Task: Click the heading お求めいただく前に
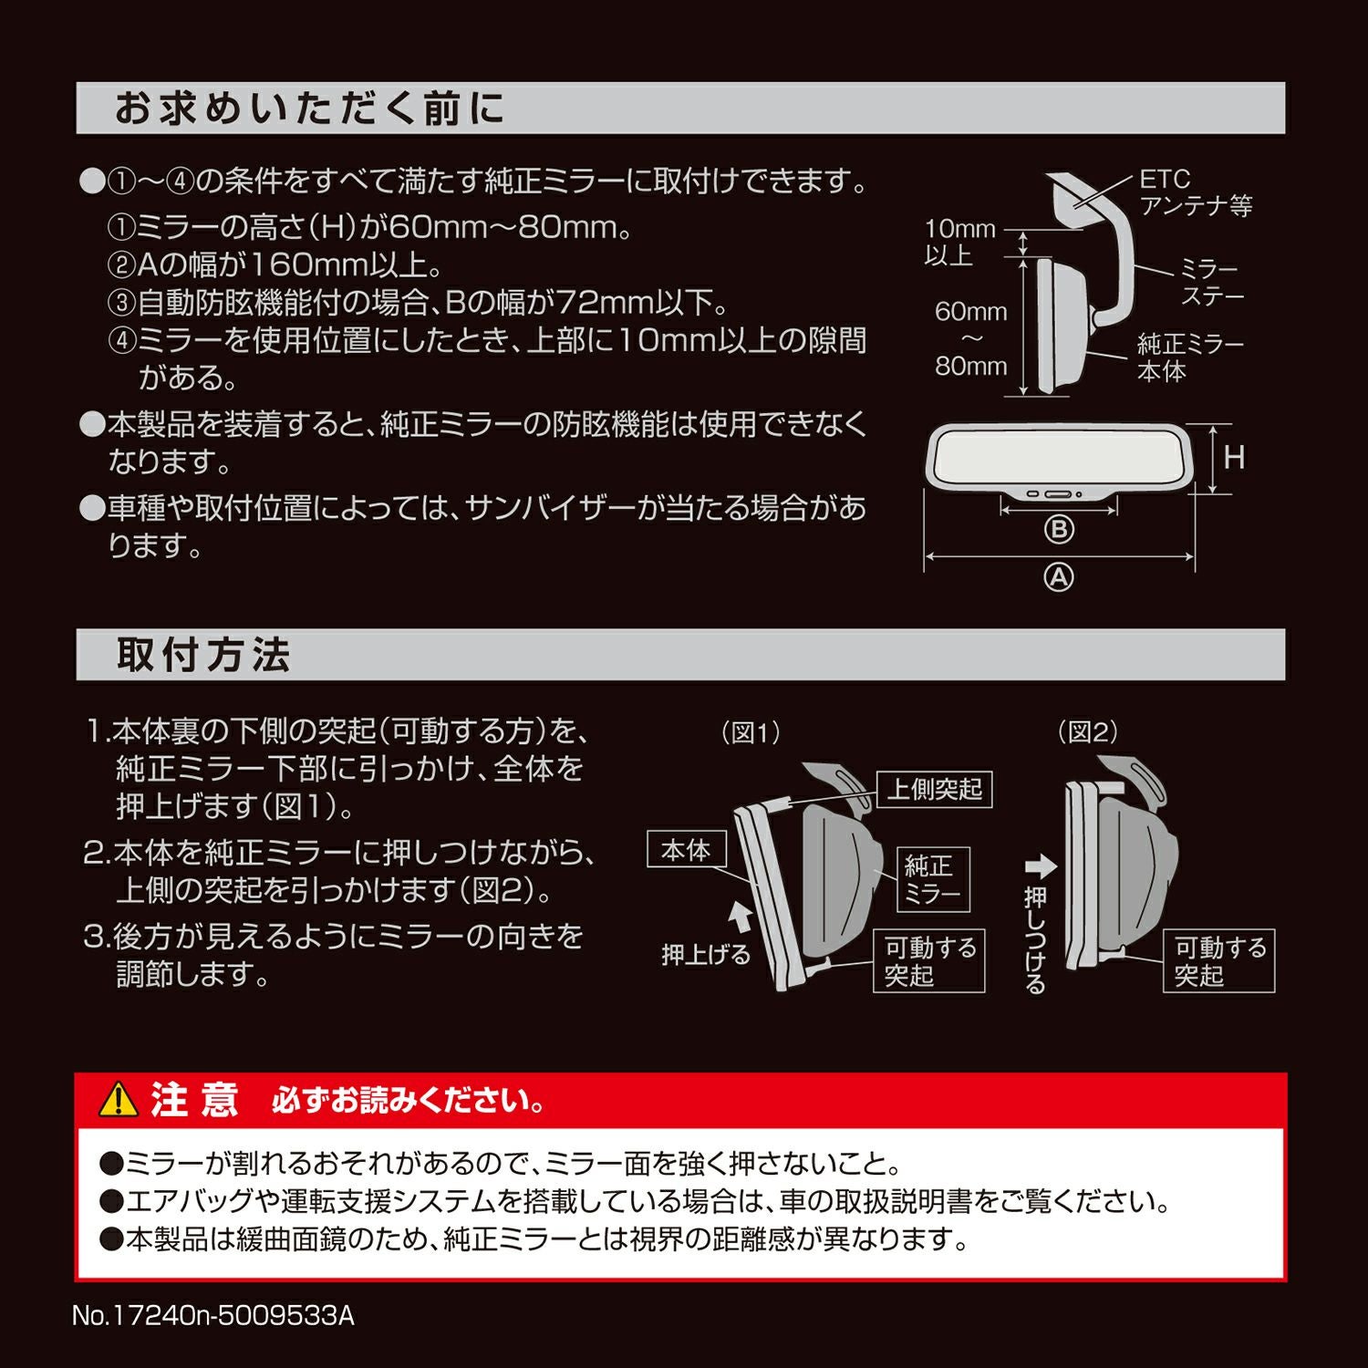[x=308, y=109]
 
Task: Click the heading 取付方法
[x=202, y=655]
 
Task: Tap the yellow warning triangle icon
[x=118, y=1101]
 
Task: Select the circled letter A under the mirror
[x=1058, y=577]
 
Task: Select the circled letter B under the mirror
[x=1058, y=529]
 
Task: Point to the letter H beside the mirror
[x=1234, y=458]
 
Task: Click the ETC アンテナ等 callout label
[x=1195, y=192]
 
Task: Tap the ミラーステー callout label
[x=1211, y=283]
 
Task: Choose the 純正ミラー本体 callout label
[x=1189, y=358]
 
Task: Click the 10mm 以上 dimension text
[x=959, y=242]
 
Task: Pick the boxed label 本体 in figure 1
[x=686, y=850]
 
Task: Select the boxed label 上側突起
[x=934, y=789]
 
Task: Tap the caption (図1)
[x=751, y=732]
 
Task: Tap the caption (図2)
[x=1087, y=732]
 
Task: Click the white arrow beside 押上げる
[x=741, y=914]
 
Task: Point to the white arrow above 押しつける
[x=1040, y=866]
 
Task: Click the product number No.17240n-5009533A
[x=213, y=1316]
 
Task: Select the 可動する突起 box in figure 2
[x=1219, y=961]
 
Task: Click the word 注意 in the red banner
[x=193, y=1100]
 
